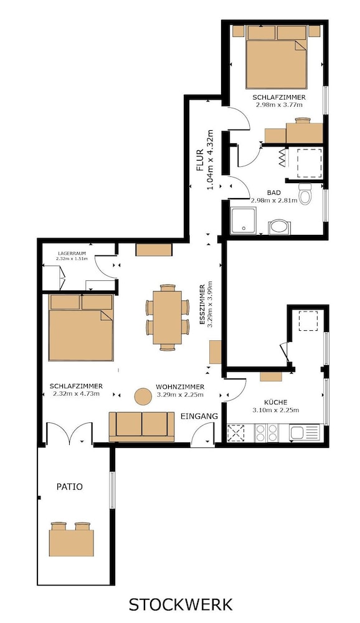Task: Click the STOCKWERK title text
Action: [x=181, y=604]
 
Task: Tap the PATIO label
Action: [x=70, y=487]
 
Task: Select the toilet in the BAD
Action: [x=305, y=194]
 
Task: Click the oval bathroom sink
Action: [x=279, y=227]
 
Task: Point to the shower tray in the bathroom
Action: [x=243, y=221]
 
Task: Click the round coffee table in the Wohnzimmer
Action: [x=143, y=396]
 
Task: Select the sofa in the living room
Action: [x=142, y=427]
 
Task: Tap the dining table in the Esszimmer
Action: [x=168, y=318]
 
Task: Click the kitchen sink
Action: [x=305, y=433]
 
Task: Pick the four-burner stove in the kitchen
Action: [x=267, y=433]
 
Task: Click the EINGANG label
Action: [x=199, y=416]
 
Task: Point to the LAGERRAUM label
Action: [x=72, y=253]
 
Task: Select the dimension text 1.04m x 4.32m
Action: [x=210, y=159]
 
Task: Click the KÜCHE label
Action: [x=276, y=402]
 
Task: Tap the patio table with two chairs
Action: [x=72, y=539]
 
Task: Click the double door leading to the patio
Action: [x=70, y=433]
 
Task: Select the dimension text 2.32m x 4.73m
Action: [x=76, y=394]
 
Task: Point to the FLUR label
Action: [x=201, y=159]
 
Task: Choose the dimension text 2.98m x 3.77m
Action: [x=279, y=105]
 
